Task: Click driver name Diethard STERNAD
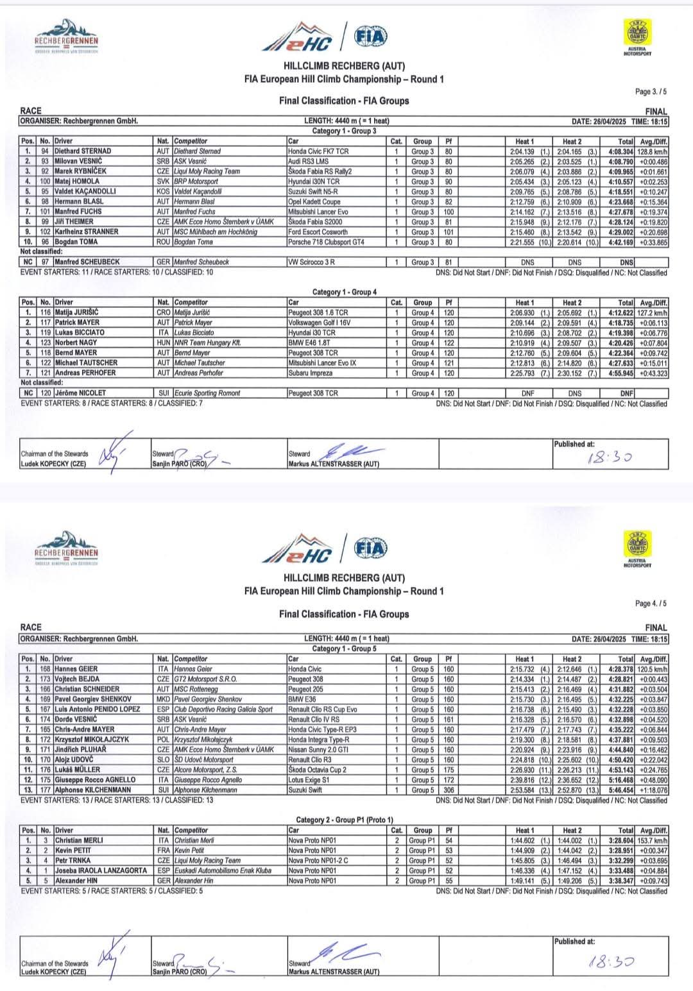[x=83, y=151]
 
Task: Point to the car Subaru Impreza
[x=311, y=373]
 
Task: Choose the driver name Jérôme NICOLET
[x=80, y=393]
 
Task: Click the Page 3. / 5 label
[x=651, y=92]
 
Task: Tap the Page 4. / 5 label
[x=651, y=604]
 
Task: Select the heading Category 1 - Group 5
[x=344, y=648]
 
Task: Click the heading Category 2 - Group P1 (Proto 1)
[x=344, y=820]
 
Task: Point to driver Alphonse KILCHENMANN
[x=93, y=790]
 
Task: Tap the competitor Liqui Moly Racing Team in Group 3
[x=207, y=172]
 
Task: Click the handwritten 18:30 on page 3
[x=609, y=457]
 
